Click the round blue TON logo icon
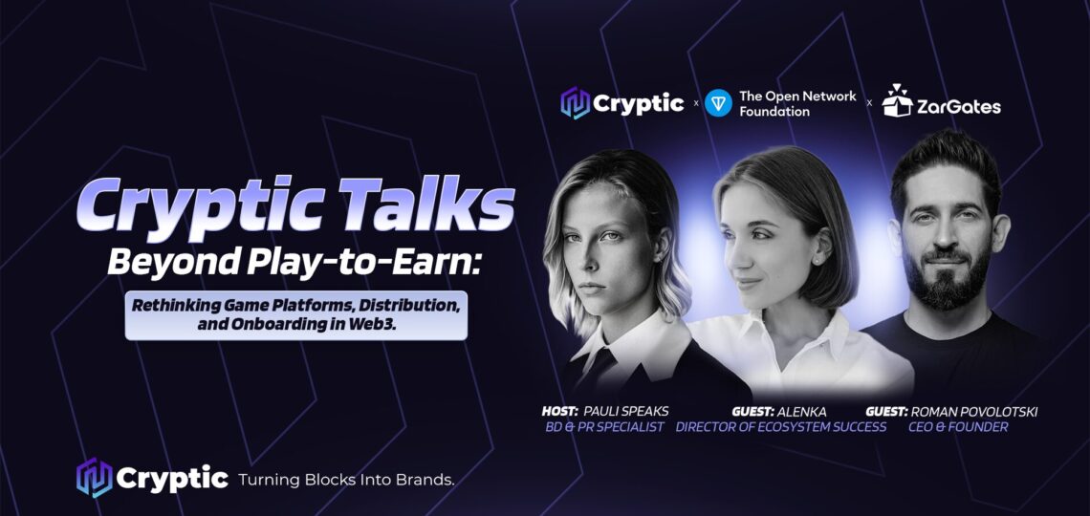718,103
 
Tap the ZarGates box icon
897,100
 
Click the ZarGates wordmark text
959,106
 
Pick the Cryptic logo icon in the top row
575,103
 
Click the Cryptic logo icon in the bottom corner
94,478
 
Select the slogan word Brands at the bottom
425,480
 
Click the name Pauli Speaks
625,412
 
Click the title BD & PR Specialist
605,427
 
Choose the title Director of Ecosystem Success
780,427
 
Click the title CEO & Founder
958,427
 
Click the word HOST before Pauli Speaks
561,412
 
